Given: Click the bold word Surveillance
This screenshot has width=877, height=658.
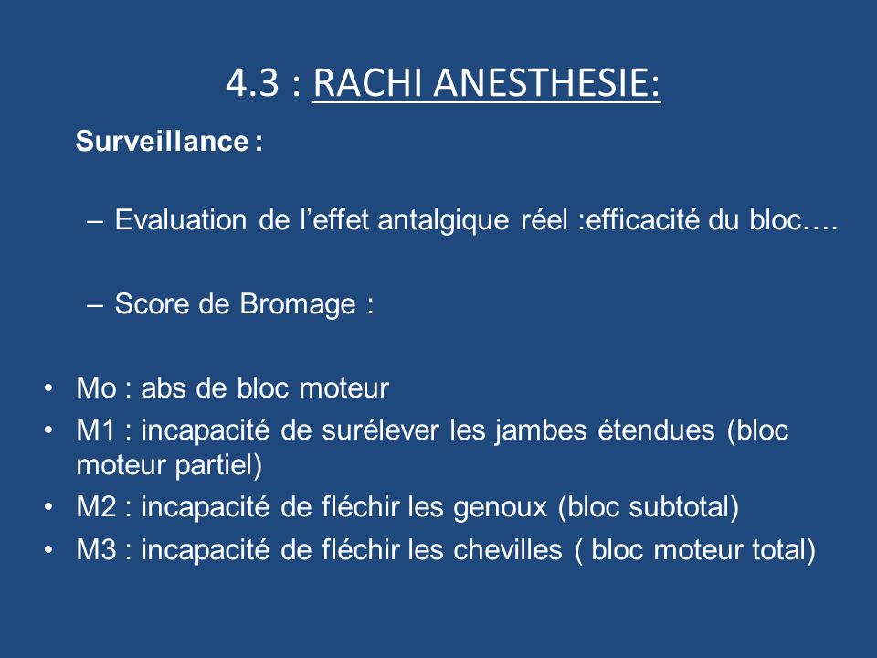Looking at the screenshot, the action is [163, 141].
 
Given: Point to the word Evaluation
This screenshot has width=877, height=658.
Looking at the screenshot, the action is [181, 219].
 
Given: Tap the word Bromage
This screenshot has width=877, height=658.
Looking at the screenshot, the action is [298, 305].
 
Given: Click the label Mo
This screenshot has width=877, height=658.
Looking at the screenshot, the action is [96, 388].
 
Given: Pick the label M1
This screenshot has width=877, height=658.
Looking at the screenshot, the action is [96, 430].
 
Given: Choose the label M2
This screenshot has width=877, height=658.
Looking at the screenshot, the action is [96, 507].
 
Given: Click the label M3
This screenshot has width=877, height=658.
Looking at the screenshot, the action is [96, 550].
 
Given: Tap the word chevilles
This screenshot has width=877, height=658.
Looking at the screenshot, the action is [508, 550].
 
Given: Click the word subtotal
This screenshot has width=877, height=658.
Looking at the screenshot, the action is [683, 507].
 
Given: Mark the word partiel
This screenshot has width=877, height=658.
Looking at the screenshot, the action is [218, 466].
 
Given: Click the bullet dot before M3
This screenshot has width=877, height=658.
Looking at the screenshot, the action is [49, 550].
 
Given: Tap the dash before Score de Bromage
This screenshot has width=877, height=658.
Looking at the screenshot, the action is [95, 306].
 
